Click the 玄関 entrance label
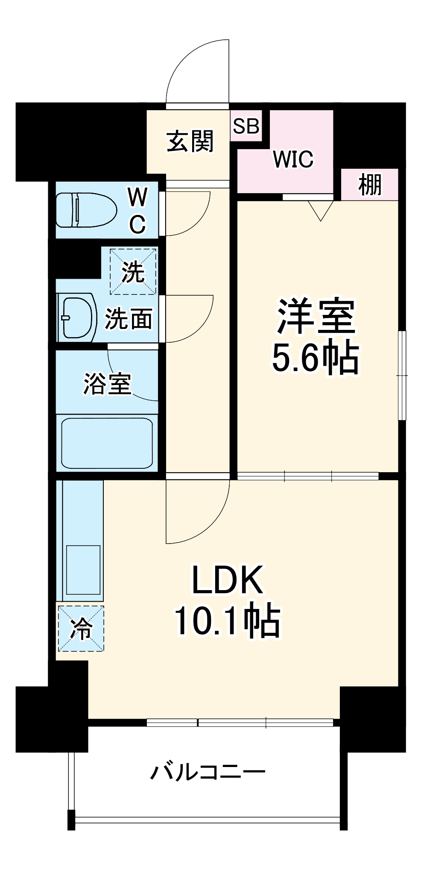point(190,141)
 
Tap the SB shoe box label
point(246,126)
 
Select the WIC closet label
point(293,159)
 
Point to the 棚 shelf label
point(370,185)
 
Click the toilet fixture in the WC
point(86,210)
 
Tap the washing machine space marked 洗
point(133,271)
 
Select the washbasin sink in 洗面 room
point(78,317)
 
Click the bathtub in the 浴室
point(107,443)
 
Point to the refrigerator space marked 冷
point(81,628)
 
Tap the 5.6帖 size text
point(315,358)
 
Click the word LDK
point(227,580)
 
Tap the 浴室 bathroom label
point(107,383)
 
